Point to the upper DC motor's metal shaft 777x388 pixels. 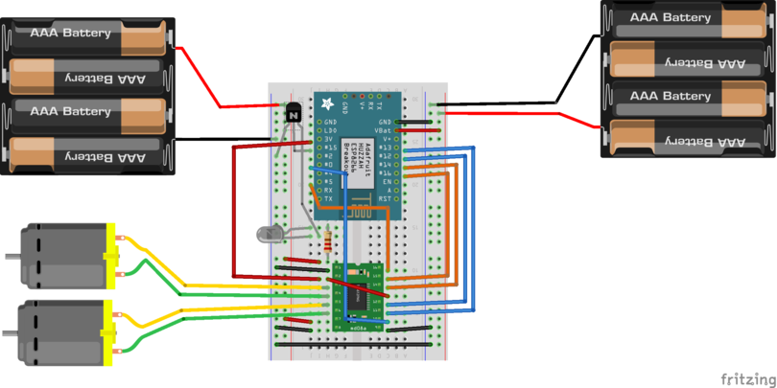point(12,257)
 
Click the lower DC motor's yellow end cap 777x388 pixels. point(110,333)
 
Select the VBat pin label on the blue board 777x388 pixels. point(384,130)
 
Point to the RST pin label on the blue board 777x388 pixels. point(385,198)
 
